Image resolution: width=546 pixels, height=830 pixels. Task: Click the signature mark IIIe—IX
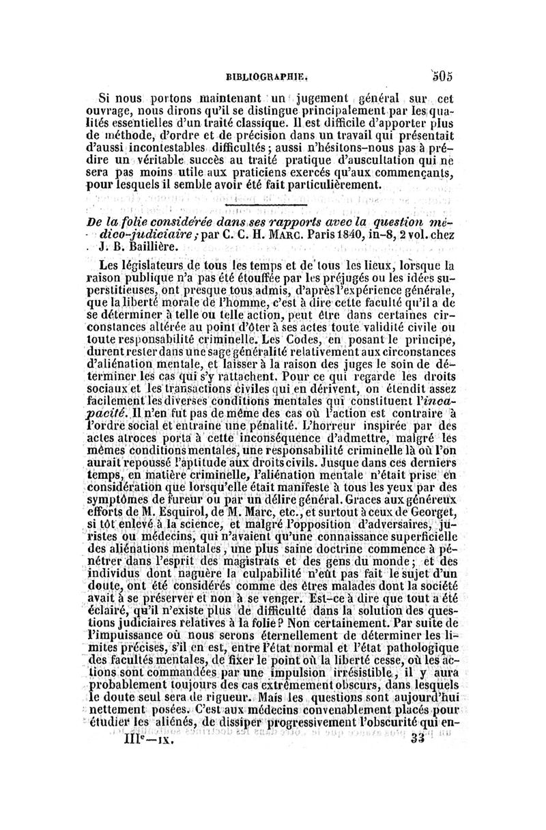click(x=141, y=738)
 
